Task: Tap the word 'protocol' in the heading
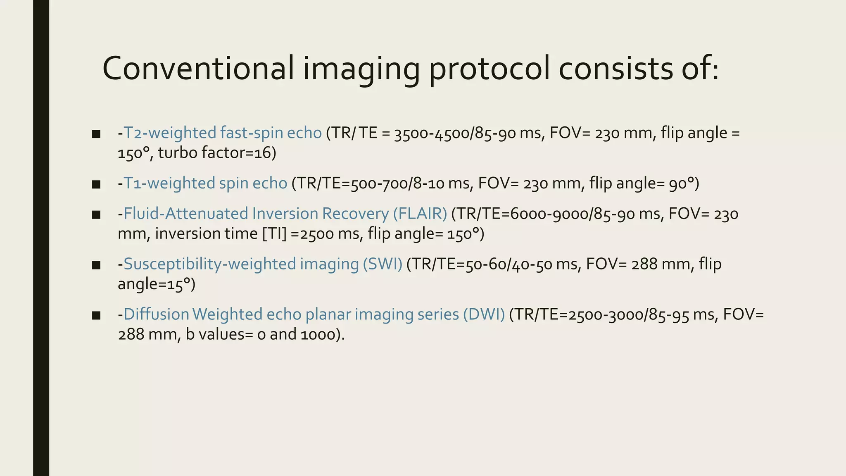pyautogui.click(x=490, y=68)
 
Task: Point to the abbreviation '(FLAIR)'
pyautogui.click(x=420, y=214)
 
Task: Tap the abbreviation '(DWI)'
pyautogui.click(x=484, y=314)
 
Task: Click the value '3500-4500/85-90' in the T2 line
pyautogui.click(x=454, y=133)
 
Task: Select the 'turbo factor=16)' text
pyautogui.click(x=217, y=153)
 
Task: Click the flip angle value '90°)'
pyautogui.click(x=684, y=183)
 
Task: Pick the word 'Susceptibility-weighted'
pyautogui.click(x=209, y=264)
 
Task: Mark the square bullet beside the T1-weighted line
pyautogui.click(x=96, y=184)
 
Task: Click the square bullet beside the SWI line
pyautogui.click(x=96, y=265)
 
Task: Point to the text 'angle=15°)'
pyautogui.click(x=157, y=284)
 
